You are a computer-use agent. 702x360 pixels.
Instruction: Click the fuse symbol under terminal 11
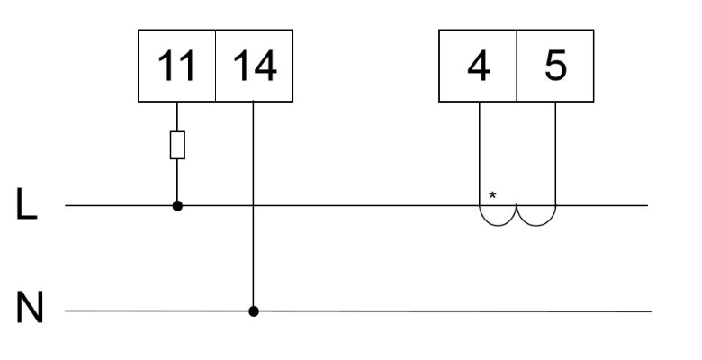[177, 145]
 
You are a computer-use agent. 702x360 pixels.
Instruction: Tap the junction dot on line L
[177, 205]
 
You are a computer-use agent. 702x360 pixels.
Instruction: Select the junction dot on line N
[254, 311]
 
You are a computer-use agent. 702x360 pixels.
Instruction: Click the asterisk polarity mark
[492, 194]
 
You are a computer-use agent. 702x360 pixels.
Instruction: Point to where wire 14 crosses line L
[254, 205]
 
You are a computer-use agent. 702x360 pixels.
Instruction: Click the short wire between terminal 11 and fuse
[177, 116]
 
